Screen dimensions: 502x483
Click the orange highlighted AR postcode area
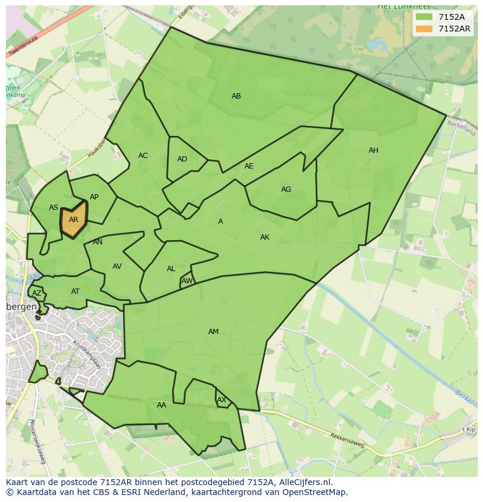click(73, 219)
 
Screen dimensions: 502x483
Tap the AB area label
click(236, 96)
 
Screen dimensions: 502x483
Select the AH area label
click(373, 150)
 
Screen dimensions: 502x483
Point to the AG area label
click(286, 189)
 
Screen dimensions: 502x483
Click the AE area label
click(249, 166)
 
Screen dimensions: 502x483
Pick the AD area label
click(182, 159)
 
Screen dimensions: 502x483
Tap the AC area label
click(143, 156)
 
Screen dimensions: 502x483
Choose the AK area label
click(265, 237)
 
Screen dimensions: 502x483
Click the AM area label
click(213, 332)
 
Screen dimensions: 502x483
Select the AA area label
click(162, 405)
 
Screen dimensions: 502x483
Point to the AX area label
click(222, 400)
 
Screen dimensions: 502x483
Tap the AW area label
click(187, 281)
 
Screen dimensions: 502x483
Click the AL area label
click(171, 269)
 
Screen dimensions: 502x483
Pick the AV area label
click(117, 266)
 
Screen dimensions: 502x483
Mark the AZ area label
click(37, 293)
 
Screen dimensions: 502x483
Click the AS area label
click(54, 208)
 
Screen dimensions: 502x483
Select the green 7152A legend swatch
click(424, 17)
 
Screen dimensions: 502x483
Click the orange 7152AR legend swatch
click(424, 29)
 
